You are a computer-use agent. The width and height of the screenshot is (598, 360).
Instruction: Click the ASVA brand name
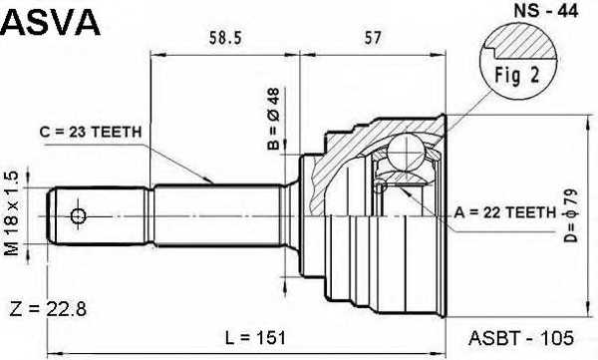51,22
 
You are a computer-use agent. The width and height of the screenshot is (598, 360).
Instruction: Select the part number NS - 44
546,11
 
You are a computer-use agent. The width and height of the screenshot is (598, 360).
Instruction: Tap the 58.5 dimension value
225,38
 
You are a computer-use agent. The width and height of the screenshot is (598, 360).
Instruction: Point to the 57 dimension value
373,38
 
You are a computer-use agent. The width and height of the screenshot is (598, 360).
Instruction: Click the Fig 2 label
517,75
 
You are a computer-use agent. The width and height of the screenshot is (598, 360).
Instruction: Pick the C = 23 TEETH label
91,132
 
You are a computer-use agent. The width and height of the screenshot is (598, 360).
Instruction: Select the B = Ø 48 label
273,119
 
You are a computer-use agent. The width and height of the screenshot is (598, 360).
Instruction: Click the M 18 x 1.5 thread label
11,213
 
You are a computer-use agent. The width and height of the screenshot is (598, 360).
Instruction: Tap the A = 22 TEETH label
505,212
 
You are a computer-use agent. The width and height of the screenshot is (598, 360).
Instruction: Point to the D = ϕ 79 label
571,216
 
